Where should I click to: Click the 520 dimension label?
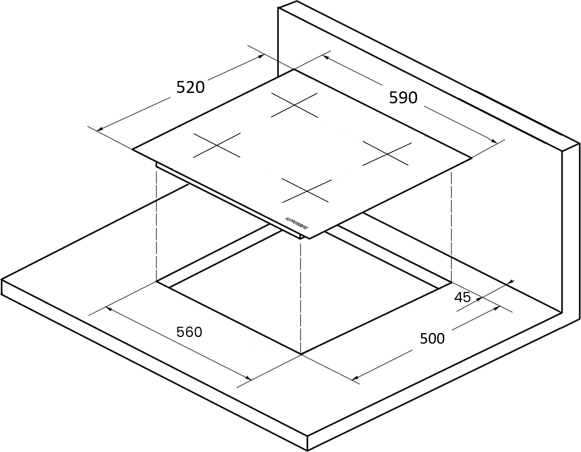click(190, 87)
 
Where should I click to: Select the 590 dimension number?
click(403, 98)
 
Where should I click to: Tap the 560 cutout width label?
click(189, 332)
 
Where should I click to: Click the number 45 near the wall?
click(462, 297)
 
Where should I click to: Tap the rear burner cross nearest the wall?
click(295, 105)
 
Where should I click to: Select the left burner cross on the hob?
click(217, 145)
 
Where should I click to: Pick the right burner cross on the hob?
click(387, 154)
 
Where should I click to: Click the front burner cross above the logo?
click(307, 191)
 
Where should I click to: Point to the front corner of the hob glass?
click(310, 239)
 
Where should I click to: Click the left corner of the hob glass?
click(132, 150)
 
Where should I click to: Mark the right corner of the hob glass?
click(472, 158)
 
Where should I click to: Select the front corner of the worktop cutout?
click(301, 355)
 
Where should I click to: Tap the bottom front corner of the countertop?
click(307, 451)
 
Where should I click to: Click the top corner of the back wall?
click(297, 1)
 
